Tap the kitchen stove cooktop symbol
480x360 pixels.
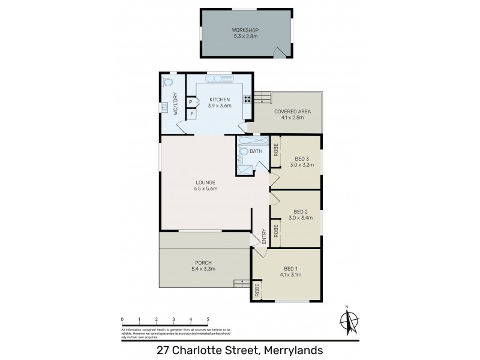[x=247, y=100]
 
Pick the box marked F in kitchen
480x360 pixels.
[x=191, y=113]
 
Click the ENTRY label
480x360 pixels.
[x=263, y=235]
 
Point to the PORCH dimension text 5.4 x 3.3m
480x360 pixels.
[x=204, y=269]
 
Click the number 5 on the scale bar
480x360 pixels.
[x=208, y=320]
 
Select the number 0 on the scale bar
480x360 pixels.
[x=122, y=320]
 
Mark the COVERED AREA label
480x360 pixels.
[x=289, y=112]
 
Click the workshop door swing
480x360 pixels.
[x=278, y=53]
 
